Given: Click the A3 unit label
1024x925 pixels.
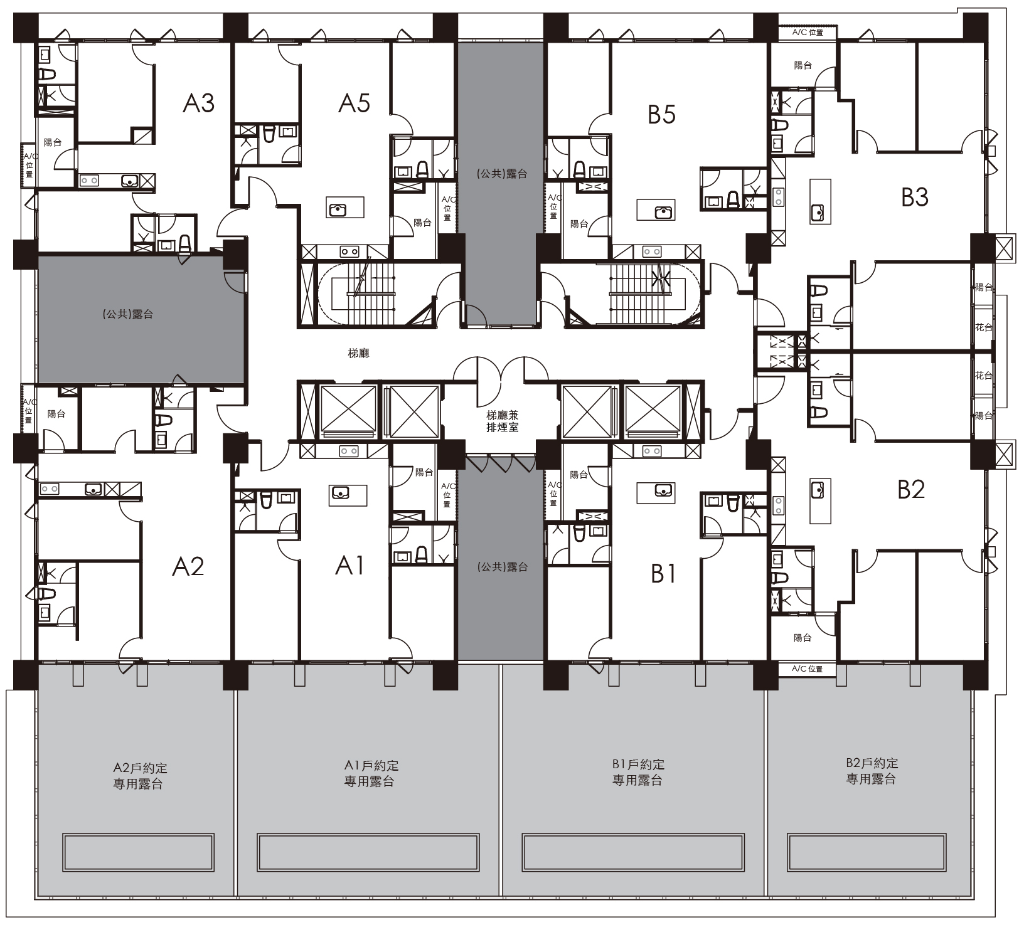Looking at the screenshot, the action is coord(198,103).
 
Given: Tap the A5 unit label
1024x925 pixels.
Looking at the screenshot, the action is coord(354,103).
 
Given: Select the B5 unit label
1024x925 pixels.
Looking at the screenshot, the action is coord(661,114).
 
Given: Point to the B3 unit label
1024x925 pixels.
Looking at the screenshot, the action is coord(914,197).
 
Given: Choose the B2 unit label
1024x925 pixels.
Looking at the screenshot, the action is coord(910,489).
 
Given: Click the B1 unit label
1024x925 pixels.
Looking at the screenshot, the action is coord(663,573).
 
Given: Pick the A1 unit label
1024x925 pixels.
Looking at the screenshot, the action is coord(349,566).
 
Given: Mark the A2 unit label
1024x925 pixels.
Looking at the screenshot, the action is coord(188,566).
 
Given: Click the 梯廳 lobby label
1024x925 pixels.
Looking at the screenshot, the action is coord(358,354).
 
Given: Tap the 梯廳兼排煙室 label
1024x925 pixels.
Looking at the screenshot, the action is coord(503,421).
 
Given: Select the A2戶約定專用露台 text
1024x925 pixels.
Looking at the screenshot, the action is coord(139,776).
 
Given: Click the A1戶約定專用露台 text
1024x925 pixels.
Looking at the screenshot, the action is coord(371,773).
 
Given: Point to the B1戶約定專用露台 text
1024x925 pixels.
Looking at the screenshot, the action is coord(638,772).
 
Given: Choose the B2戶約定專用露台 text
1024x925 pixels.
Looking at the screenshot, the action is coord(872,771).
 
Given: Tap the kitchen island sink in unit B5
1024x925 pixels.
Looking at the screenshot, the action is coord(663,212).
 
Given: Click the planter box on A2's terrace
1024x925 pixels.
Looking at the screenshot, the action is coord(138,852).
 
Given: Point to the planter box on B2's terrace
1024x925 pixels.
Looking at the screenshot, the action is coord(867,852).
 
